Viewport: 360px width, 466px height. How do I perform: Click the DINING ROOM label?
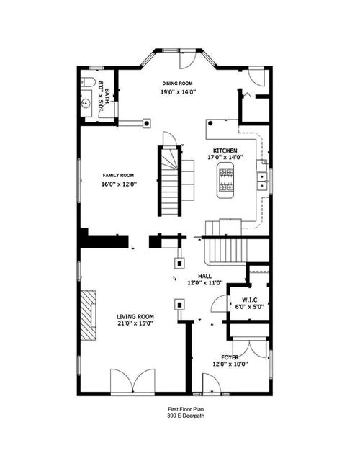tap(176, 83)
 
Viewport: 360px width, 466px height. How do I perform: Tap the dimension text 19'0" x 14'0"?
tap(176, 92)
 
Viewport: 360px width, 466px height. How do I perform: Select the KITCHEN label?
tap(225, 151)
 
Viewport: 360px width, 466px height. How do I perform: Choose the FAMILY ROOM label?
tap(119, 176)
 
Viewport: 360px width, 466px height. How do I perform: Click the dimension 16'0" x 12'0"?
tap(119, 184)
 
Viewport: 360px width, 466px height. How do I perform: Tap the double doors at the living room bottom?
tap(132, 381)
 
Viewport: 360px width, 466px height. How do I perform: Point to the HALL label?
tap(204, 275)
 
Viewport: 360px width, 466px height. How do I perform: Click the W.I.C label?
tap(249, 299)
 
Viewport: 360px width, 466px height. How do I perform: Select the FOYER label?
tap(230, 357)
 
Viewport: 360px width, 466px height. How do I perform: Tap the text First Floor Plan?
tap(180, 408)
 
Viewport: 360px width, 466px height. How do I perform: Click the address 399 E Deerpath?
tap(180, 416)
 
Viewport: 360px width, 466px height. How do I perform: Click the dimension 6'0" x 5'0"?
tap(249, 307)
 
